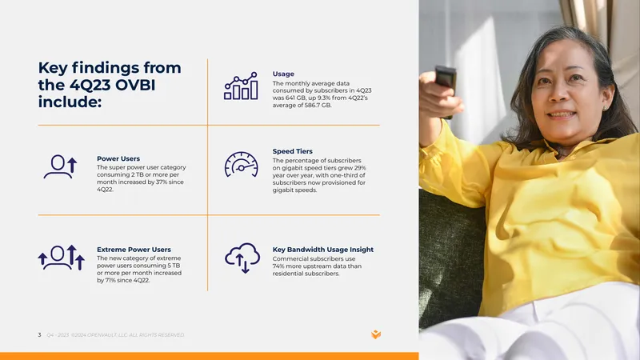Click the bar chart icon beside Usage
coord(241,86)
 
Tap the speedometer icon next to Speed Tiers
coord(242,165)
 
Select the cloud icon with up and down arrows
coord(242,258)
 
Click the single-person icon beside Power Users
coord(61,166)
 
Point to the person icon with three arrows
coord(62,258)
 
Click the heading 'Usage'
coord(283,74)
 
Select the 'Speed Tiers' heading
coord(292,151)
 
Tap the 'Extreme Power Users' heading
coord(134,250)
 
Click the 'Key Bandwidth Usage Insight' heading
coord(323,250)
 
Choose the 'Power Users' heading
coord(118,158)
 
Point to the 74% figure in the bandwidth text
coord(278,266)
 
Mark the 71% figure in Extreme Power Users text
coord(111,281)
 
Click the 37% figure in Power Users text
coord(162,182)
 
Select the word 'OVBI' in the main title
coord(135,85)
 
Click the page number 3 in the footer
coord(39,334)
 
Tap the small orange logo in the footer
coord(376,334)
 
